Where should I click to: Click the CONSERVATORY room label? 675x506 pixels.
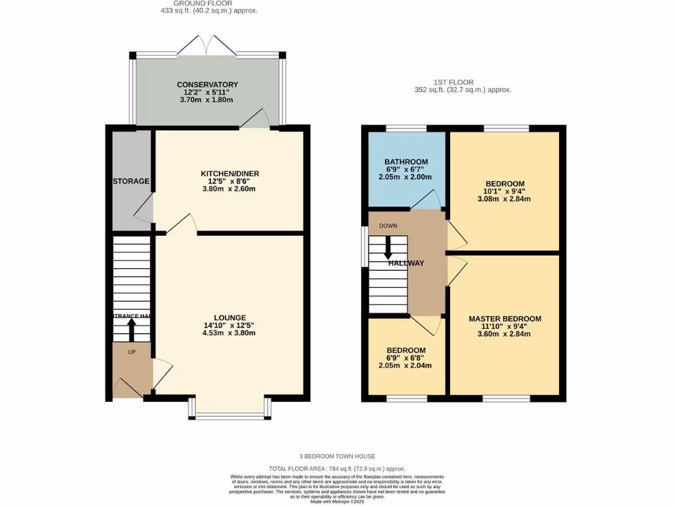point(207,85)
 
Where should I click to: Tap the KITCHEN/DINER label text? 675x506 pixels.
point(230,174)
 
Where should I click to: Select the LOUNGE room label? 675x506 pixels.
point(229,317)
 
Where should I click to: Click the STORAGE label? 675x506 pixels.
point(131,181)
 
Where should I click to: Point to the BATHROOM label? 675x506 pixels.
point(406,162)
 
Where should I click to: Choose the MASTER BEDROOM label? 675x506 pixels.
point(505,319)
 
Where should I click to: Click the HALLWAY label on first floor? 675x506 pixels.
point(406,264)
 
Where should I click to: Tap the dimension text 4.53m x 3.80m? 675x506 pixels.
point(229,333)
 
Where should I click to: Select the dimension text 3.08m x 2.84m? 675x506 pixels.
point(505,199)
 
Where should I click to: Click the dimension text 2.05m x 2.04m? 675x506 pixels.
point(405,366)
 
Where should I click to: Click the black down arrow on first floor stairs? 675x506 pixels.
point(388,247)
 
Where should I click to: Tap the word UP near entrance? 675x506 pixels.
point(131,352)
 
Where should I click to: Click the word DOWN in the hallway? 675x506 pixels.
point(388,225)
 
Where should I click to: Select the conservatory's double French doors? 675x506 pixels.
point(207,46)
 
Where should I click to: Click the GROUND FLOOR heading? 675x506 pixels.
point(209,3)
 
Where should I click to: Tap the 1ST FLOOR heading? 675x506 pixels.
point(463,82)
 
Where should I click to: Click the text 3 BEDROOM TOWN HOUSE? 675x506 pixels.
point(337,457)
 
